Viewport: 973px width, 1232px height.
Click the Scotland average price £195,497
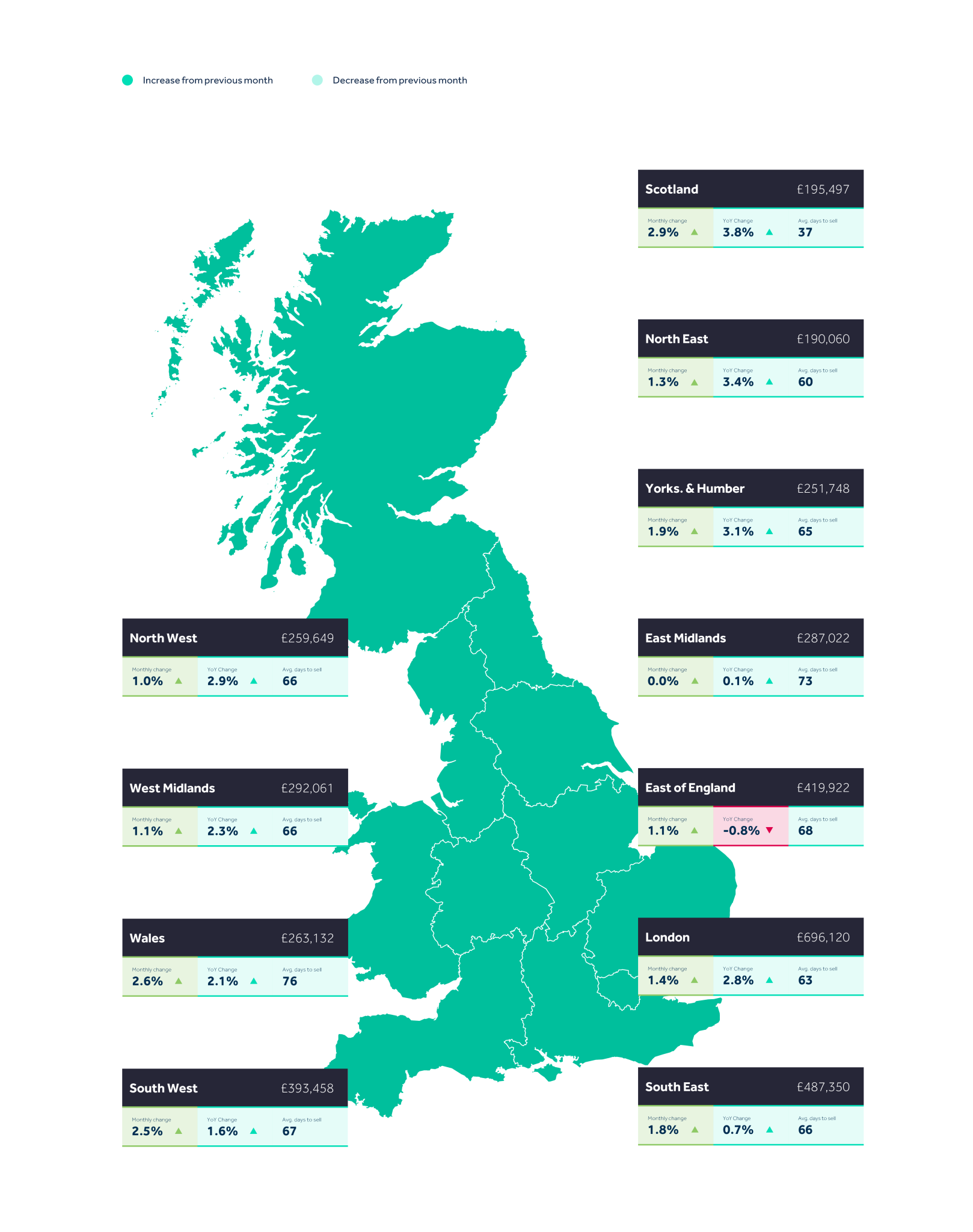point(823,189)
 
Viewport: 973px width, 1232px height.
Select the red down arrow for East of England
point(769,830)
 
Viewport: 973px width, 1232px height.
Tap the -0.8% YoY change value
point(741,831)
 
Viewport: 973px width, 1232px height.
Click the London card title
point(667,937)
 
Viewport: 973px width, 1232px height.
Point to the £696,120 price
point(823,937)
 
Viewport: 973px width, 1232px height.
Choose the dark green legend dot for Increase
point(127,80)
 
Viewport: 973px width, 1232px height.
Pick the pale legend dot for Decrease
point(318,80)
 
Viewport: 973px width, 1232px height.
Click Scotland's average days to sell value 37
point(805,232)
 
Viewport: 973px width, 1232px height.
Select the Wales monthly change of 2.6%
point(147,981)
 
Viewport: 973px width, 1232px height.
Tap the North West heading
point(163,638)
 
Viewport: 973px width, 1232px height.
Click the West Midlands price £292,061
point(307,788)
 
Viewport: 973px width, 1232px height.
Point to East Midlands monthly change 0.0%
point(663,681)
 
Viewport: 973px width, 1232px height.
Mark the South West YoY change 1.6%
point(223,1131)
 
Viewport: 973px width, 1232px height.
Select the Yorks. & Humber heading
point(695,488)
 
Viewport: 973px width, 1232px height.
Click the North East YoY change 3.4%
point(738,382)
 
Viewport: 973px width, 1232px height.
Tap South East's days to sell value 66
point(805,1130)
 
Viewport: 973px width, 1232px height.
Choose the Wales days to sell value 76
point(289,981)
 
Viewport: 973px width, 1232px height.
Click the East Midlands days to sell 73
point(805,681)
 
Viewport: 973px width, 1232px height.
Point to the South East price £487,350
point(823,1087)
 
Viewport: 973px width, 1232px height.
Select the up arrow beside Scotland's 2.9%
point(695,232)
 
